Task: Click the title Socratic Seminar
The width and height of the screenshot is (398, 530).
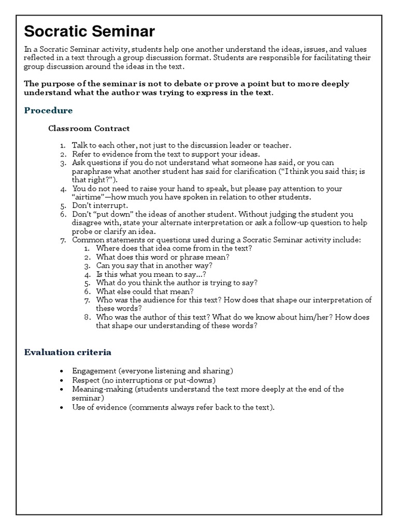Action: coord(89,32)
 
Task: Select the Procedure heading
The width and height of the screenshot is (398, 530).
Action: coord(48,111)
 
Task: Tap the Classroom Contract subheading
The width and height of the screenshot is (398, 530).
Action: coord(89,128)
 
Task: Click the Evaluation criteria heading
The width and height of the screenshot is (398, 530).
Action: coord(67,352)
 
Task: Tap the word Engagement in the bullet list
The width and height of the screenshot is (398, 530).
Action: coord(94,371)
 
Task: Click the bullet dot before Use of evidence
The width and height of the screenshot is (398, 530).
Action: coord(62,408)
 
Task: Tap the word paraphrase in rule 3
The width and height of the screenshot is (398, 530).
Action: coord(91,171)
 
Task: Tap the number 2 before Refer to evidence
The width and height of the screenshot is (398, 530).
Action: coord(63,154)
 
